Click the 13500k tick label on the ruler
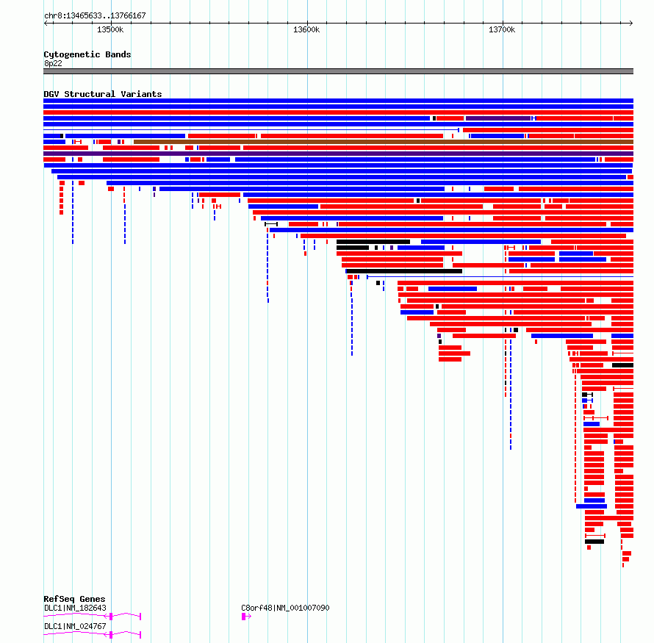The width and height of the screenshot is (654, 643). (x=110, y=29)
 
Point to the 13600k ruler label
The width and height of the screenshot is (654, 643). (x=306, y=29)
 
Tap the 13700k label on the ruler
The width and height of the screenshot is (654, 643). (x=502, y=29)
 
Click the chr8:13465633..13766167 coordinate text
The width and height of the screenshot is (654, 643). (x=95, y=16)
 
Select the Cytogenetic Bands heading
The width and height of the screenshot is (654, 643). (x=87, y=54)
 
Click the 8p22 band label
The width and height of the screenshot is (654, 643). (x=53, y=63)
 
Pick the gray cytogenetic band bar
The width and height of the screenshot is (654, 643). (x=338, y=71)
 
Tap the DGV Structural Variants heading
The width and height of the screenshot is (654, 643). (x=103, y=94)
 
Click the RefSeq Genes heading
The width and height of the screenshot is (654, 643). (x=74, y=599)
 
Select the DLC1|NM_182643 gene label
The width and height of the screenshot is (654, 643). (x=75, y=608)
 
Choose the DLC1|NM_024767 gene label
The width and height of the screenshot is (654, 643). (x=75, y=626)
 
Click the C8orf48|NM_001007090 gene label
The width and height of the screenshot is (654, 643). (x=285, y=608)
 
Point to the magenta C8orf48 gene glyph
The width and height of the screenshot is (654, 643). (x=246, y=617)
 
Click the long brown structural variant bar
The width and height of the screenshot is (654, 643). (x=384, y=142)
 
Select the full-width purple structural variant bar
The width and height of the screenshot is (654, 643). (x=338, y=154)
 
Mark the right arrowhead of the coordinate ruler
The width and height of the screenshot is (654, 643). (x=632, y=23)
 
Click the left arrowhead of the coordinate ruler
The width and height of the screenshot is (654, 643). (x=45, y=23)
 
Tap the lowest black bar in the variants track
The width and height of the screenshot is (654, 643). (x=594, y=542)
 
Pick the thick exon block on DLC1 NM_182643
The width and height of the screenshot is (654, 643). (x=111, y=617)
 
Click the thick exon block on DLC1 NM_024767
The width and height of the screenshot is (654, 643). (x=111, y=635)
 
